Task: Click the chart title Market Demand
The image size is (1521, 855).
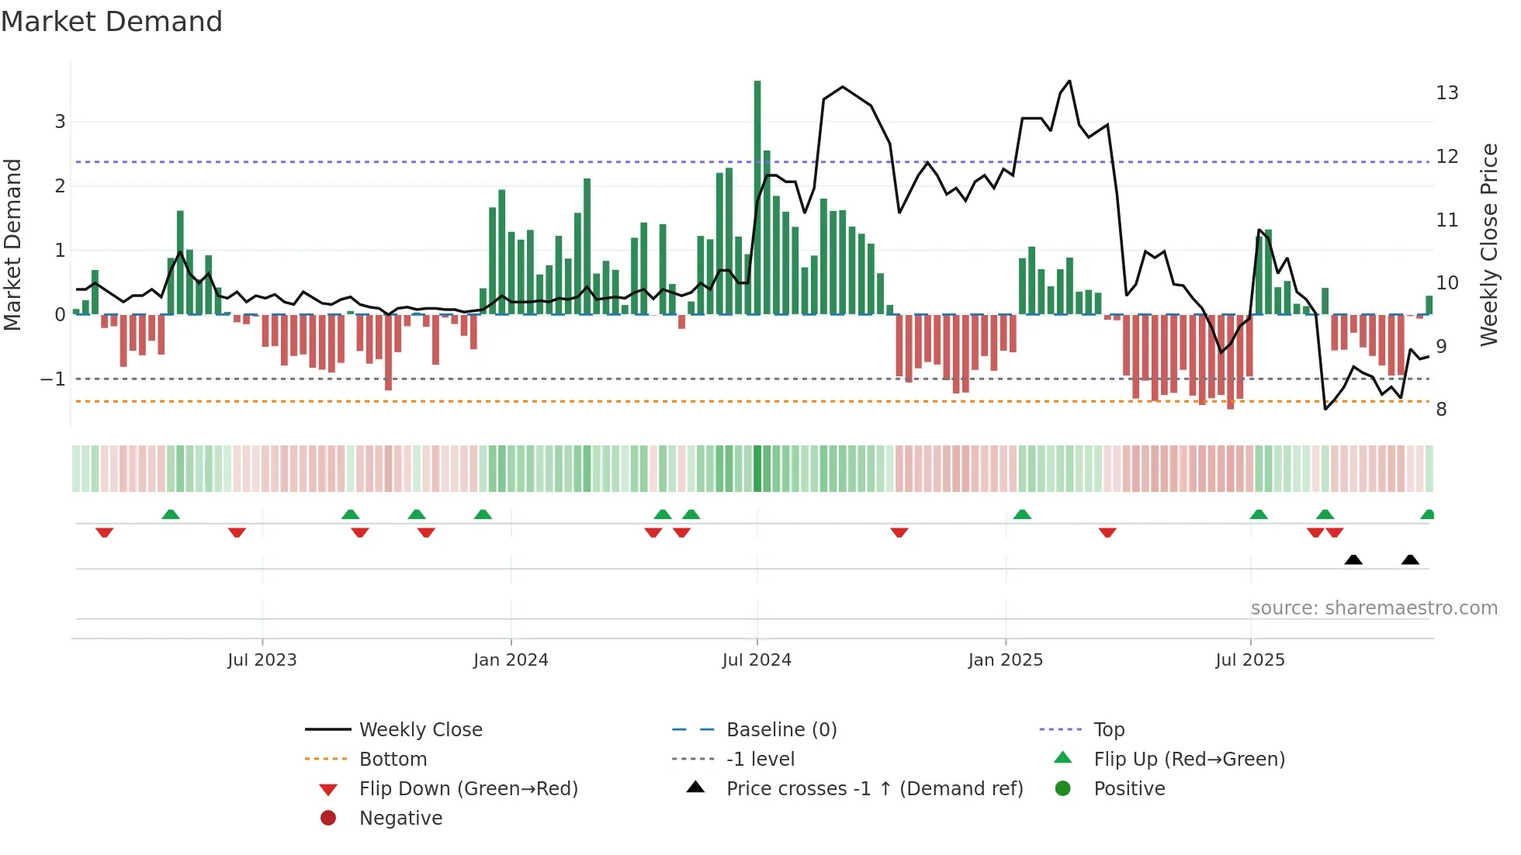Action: (x=112, y=22)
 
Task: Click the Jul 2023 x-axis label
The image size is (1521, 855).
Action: (x=262, y=660)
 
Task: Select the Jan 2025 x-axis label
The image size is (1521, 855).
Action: (x=1006, y=660)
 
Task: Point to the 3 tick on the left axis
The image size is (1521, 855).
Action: (x=60, y=122)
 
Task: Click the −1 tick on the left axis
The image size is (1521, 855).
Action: (x=53, y=379)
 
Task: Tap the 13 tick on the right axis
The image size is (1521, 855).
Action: (x=1447, y=93)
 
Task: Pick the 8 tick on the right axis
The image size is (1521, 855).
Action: (x=1441, y=410)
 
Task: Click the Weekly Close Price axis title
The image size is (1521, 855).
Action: (x=1489, y=244)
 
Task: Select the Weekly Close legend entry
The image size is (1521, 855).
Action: (x=421, y=730)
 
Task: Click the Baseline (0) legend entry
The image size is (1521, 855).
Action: (x=781, y=730)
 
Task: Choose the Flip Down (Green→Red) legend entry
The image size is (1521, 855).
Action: (x=468, y=789)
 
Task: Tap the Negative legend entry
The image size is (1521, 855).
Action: (x=400, y=819)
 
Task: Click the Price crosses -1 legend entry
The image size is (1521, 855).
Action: (x=875, y=789)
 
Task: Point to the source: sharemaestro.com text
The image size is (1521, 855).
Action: (x=1374, y=608)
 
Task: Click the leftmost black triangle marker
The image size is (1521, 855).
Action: (x=1353, y=560)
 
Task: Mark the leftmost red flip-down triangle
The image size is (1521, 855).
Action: (x=105, y=532)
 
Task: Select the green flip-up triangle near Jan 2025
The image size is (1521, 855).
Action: (x=1022, y=514)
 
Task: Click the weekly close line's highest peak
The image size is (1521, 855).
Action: (x=1070, y=81)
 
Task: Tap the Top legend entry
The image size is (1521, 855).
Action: (x=1109, y=730)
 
